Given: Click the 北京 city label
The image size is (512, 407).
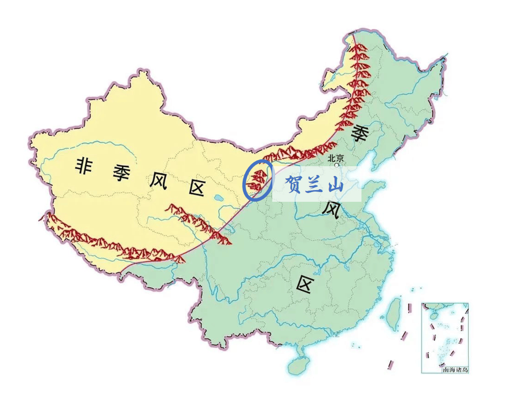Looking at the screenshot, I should [x=336, y=158].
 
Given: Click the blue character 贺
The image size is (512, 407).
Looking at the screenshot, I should [x=294, y=185].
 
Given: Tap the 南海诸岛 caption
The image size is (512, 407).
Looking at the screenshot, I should [x=455, y=370].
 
